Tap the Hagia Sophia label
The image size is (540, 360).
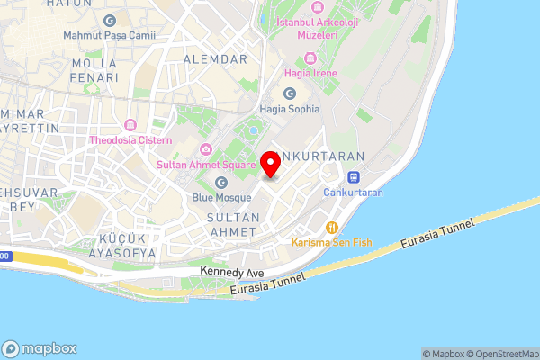click(x=289, y=110)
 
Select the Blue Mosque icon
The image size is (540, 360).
click(x=221, y=183)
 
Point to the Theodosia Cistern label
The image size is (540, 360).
click(x=131, y=140)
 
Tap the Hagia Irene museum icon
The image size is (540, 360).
click(x=311, y=58)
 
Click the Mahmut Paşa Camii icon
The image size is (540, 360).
click(x=110, y=20)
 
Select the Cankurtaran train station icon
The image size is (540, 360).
click(x=354, y=177)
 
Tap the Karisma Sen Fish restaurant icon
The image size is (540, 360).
click(x=333, y=228)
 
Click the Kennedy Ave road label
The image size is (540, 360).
click(x=232, y=270)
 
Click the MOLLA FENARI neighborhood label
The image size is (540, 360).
click(x=94, y=70)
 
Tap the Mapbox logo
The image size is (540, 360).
click(x=40, y=348)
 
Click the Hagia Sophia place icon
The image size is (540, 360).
click(x=290, y=94)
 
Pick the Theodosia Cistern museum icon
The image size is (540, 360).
click(x=131, y=124)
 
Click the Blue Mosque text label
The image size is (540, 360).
click(x=221, y=197)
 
